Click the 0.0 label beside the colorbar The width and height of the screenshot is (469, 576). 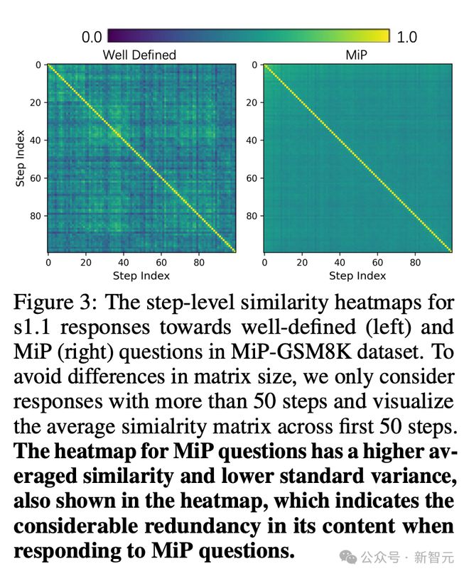[x=92, y=37]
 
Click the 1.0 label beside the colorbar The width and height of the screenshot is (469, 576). [x=406, y=37]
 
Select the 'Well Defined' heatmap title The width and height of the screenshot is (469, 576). [x=139, y=55]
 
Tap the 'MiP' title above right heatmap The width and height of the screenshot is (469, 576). [x=357, y=55]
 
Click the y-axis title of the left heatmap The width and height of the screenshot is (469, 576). [x=21, y=158]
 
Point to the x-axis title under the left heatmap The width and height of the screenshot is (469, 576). [x=141, y=276]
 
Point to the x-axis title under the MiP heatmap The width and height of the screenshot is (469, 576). [x=357, y=276]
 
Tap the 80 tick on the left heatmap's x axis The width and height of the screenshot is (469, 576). [x=198, y=261]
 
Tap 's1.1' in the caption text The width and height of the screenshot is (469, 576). [x=33, y=328]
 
